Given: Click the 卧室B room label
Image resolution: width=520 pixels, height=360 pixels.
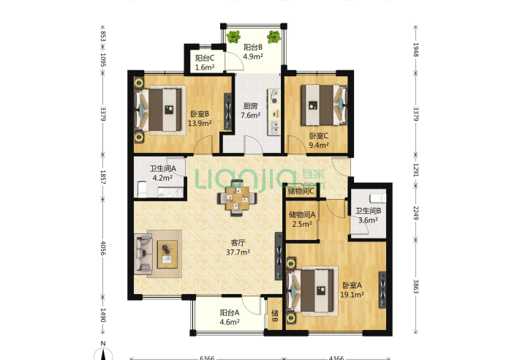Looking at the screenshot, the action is point(200,114).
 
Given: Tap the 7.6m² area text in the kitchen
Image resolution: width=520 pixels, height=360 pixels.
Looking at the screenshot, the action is point(250,116).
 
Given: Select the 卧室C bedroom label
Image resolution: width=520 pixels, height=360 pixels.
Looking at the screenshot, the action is point(319,135).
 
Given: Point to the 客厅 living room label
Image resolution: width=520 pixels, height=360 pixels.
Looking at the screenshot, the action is point(238,243).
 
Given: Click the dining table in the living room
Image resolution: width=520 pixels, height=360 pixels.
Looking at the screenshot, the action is point(237,198).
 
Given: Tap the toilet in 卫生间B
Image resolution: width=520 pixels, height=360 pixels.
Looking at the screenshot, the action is point(378,198).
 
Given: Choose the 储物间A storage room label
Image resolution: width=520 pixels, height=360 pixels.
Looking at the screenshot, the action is point(302,214).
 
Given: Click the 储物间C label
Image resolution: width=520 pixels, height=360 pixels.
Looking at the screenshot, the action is point(301,191).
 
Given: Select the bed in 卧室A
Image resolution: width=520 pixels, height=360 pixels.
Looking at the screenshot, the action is point(311,290).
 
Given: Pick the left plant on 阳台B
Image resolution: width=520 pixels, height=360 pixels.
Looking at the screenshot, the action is point(234,36).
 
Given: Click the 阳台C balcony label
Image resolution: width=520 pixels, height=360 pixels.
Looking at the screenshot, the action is point(205,58).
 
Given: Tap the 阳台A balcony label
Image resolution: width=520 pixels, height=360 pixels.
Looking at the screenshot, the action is point(230,312).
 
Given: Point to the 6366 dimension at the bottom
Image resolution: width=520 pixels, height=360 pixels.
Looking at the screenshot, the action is point(207,358).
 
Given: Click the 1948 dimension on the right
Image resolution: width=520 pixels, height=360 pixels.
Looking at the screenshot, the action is point(416,50).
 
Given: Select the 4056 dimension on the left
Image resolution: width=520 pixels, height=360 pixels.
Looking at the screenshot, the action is point(103,248).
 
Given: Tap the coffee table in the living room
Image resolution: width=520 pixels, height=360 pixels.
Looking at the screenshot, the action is point(167,254).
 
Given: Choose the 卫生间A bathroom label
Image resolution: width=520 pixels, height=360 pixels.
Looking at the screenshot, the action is point(163,168).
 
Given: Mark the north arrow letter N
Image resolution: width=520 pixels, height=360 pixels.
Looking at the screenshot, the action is point(103,344).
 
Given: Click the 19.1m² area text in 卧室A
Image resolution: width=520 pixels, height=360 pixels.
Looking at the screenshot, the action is point(353,295).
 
